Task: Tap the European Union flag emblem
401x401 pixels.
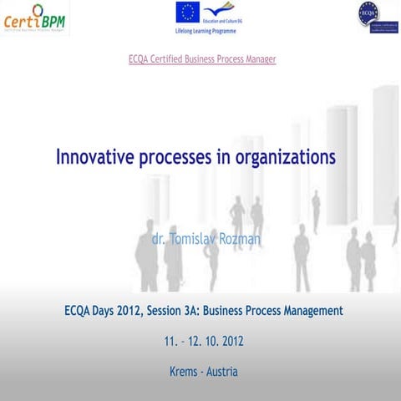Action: (187, 13)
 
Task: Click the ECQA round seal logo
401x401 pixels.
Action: (368, 13)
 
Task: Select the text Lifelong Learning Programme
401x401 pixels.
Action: (206, 30)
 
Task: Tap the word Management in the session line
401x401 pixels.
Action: (306, 311)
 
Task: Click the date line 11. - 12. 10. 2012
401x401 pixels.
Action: (203, 341)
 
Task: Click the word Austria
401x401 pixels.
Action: (221, 371)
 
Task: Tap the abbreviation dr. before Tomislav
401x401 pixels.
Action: (158, 239)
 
